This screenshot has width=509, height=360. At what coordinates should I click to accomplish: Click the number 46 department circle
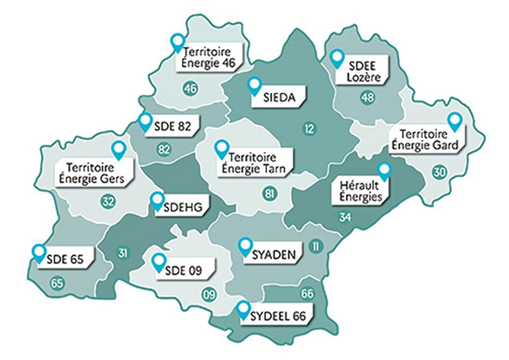pos(190,88)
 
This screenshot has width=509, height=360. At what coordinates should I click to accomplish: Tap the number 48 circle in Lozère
pos(368,97)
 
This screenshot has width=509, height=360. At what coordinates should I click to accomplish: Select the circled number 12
pos(308,130)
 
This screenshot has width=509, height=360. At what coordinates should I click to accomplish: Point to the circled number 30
pos(439,173)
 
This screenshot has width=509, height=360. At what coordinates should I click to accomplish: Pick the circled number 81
pos(269,195)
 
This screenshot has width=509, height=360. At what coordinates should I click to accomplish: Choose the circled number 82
pos(165,149)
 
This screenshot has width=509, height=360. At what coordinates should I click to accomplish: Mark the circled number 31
pos(123,253)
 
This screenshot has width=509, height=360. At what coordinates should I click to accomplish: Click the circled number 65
pos(57,283)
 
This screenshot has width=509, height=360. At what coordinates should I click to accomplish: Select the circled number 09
pos(209,294)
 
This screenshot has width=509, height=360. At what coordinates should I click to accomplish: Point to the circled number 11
pos(316,246)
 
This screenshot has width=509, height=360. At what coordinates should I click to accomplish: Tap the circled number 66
pos(307,294)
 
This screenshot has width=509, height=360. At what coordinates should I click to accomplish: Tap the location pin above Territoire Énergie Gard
pos(454,121)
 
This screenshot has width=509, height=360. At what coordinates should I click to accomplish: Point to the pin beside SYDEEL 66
pos(244,310)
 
